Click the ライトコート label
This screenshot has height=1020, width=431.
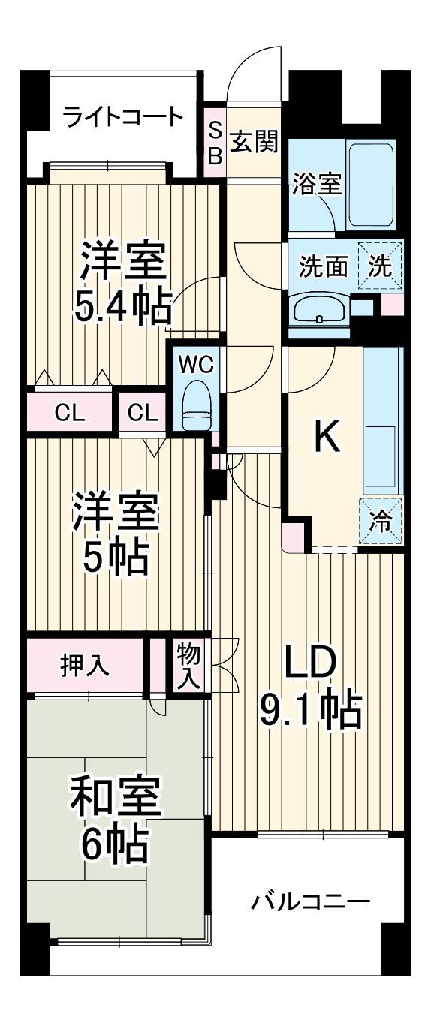point(122,116)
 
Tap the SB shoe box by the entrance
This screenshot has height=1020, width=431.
point(215,143)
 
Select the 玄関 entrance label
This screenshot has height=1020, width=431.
point(254,141)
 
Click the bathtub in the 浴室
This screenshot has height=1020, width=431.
point(371,183)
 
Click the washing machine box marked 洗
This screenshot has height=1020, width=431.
point(381,266)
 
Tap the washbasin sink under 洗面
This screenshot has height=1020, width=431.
point(319,309)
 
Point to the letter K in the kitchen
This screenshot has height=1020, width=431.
point(327,438)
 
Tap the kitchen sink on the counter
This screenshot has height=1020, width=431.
point(381,456)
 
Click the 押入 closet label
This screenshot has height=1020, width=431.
point(85,664)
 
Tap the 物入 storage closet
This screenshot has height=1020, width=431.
point(188,665)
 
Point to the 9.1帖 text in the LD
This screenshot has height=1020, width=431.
point(310,709)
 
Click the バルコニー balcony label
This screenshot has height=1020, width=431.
point(310,900)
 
